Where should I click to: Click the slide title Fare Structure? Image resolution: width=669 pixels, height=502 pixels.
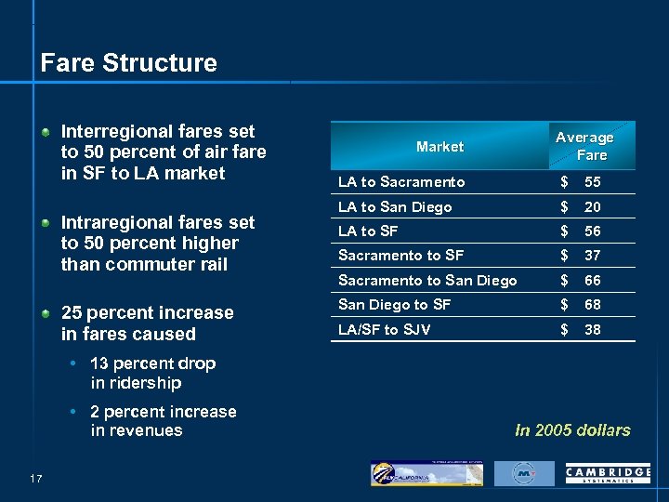coord(128,63)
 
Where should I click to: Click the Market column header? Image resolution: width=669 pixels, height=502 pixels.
coord(439,147)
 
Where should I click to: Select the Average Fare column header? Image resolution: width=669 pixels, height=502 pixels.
coord(584,146)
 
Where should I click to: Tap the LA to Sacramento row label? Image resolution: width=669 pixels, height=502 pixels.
coord(401,182)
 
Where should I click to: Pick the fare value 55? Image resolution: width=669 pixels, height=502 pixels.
coord(591,182)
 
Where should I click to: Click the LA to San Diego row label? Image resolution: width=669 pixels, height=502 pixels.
coord(395,207)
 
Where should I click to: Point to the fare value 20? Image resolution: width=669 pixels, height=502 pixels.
coord(591,207)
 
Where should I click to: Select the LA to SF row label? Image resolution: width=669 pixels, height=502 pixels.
coord(369,231)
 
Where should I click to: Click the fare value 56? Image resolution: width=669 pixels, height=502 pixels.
coord(591,231)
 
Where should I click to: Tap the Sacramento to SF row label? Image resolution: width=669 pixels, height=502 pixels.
coord(400,256)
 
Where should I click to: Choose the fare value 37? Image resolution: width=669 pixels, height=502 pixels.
coord(591,256)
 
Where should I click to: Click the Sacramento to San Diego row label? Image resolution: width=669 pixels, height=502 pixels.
coord(427,281)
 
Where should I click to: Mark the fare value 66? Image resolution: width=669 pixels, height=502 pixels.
coord(591,281)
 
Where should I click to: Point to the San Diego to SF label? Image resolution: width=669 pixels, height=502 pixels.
coord(394,305)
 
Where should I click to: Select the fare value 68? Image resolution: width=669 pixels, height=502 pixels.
coord(591,305)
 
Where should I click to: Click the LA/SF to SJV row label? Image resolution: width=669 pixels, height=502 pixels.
coord(384,329)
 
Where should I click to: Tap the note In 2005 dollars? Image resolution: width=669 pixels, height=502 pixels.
coord(572,430)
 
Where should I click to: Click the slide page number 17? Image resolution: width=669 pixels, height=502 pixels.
coord(37,479)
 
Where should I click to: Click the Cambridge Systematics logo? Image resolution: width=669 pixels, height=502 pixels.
coord(608,474)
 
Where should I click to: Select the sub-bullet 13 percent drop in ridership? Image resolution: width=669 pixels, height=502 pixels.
coord(152,373)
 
